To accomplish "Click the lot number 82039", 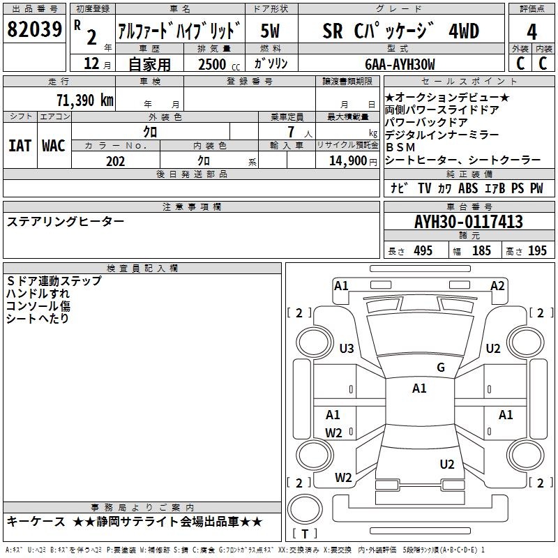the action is pyautogui.click(x=34, y=29).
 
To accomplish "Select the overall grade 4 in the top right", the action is pyautogui.click(x=531, y=31).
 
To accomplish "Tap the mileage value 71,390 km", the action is pyautogui.click(x=85, y=100).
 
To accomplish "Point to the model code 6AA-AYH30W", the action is pyautogui.click(x=400, y=64).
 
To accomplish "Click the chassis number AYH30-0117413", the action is pyautogui.click(x=469, y=221).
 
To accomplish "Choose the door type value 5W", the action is pyautogui.click(x=270, y=31).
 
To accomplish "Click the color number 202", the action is pyautogui.click(x=115, y=161).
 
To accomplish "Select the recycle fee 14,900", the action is pyautogui.click(x=347, y=161).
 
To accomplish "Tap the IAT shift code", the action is pyautogui.click(x=20, y=146).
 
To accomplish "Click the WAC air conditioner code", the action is pyautogui.click(x=54, y=146).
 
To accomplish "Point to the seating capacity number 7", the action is pyautogui.click(x=291, y=132).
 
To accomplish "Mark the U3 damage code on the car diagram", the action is pyautogui.click(x=347, y=348).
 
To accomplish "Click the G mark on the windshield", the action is pyautogui.click(x=441, y=367).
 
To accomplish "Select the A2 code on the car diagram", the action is pyautogui.click(x=497, y=286).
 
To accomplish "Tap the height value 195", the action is pyautogui.click(x=537, y=250).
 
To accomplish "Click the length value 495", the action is pyautogui.click(x=423, y=250).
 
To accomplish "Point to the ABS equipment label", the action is pyautogui.click(x=468, y=188).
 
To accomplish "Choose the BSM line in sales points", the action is pyautogui.click(x=400, y=147).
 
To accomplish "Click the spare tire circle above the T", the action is pyautogui.click(x=305, y=508).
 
